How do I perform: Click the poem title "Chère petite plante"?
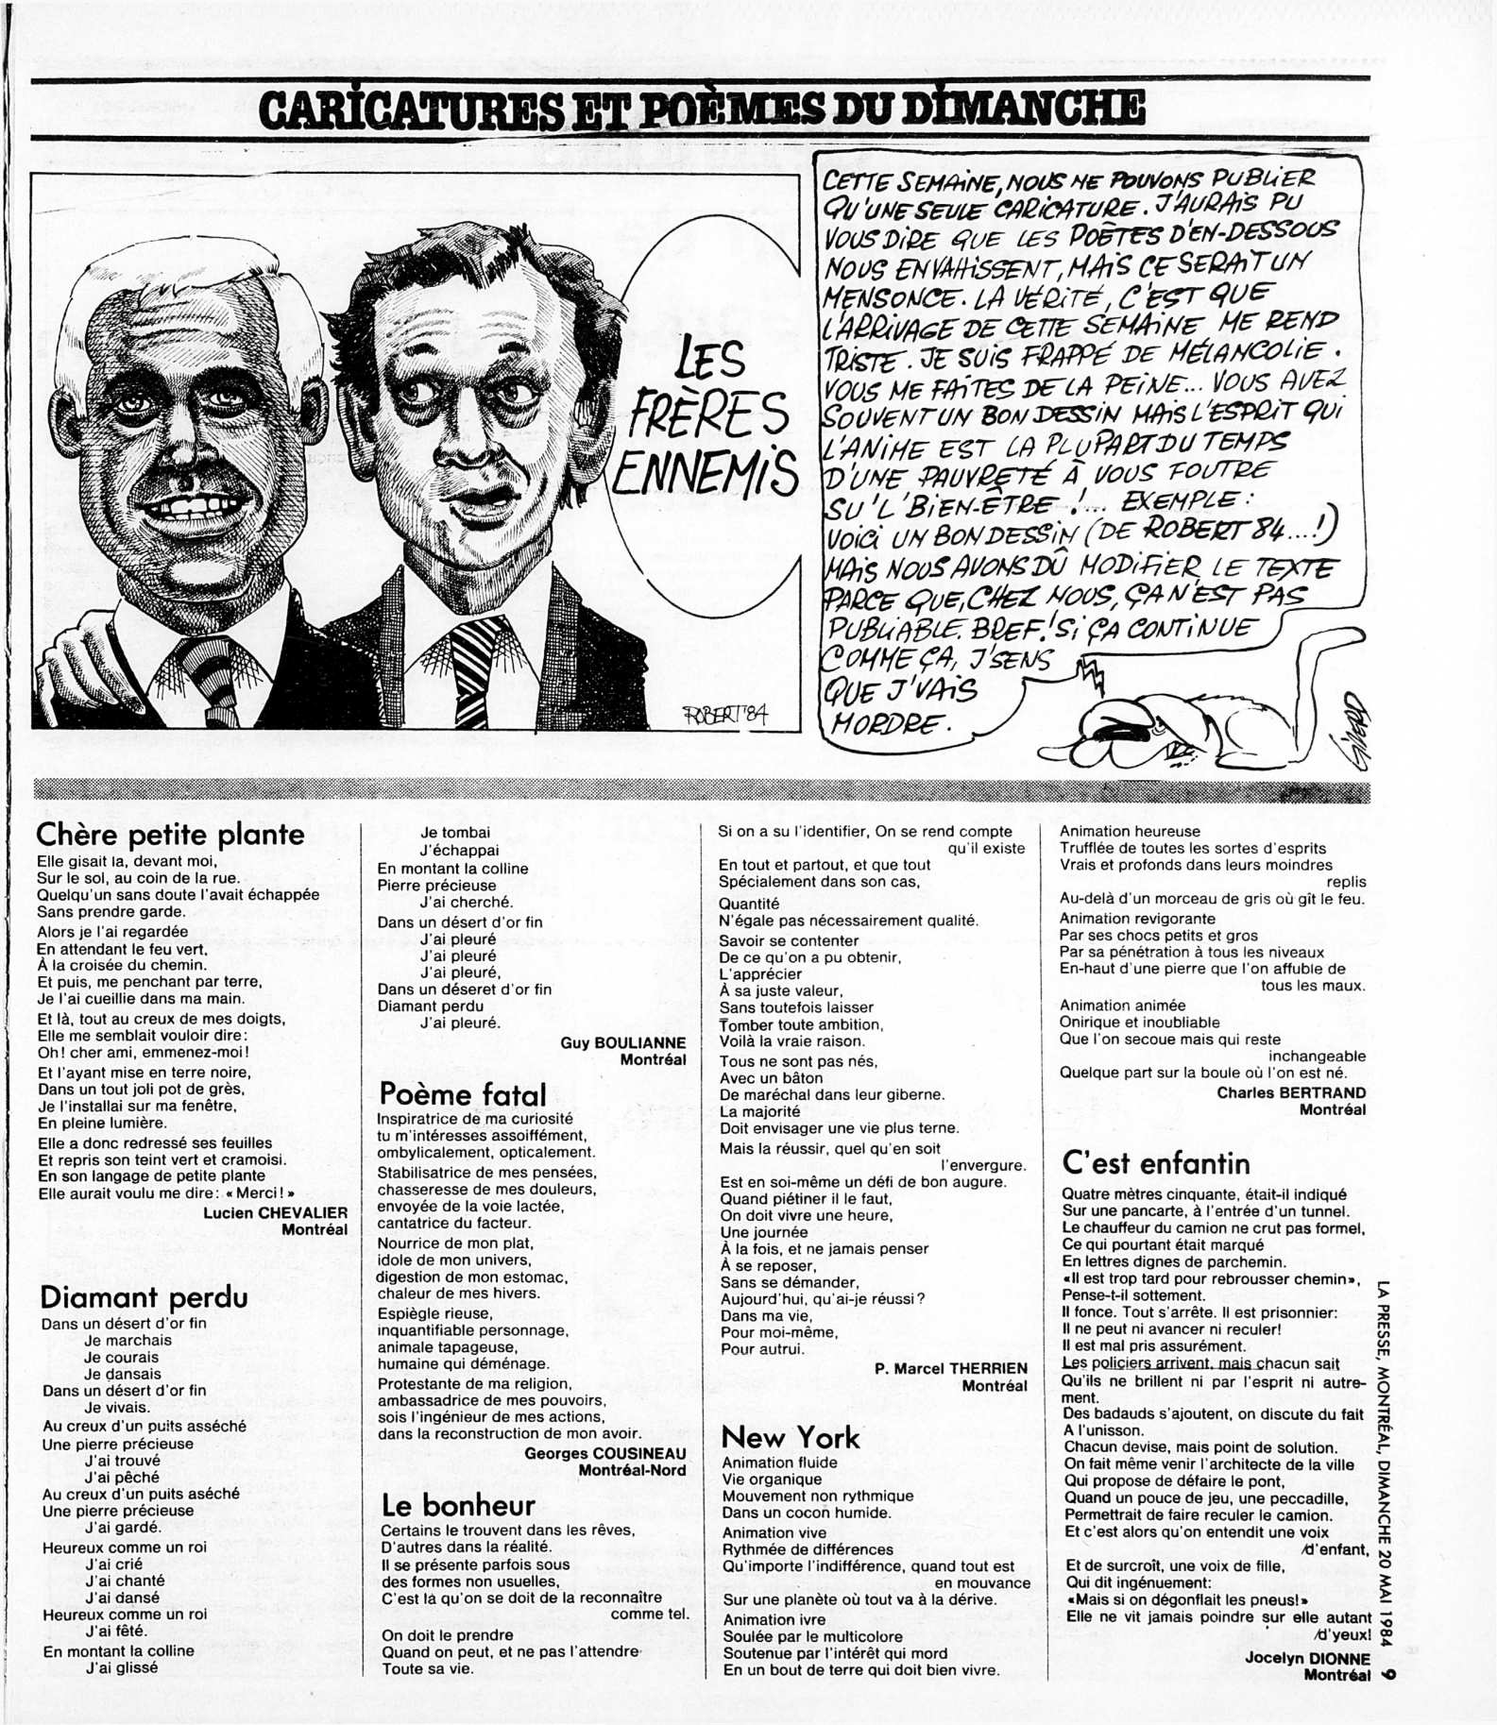coord(170,835)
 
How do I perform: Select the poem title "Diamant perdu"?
coord(144,1296)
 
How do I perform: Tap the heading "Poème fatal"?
coord(463,1094)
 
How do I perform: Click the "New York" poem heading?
coord(791,1438)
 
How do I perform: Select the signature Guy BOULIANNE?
coord(623,1042)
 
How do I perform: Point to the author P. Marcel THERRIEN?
coord(951,1368)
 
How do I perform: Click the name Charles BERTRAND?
coord(1291,1092)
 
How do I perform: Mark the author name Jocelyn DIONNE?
coord(1307,1658)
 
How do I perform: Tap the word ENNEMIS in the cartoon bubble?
coord(704,473)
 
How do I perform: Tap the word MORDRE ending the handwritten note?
coord(888,723)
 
